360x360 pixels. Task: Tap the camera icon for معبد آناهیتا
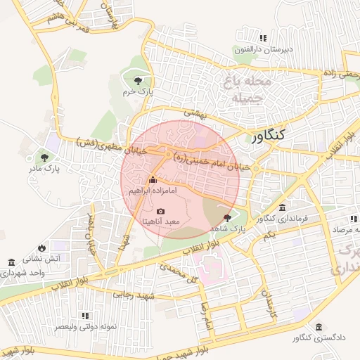[x=160, y=211]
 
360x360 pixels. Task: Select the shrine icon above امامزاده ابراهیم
[x=153, y=180]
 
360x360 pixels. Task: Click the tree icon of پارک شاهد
[x=226, y=218]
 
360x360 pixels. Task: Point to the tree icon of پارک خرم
[x=137, y=82]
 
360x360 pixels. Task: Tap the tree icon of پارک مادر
[x=44, y=158]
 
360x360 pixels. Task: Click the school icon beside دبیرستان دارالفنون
[x=263, y=38]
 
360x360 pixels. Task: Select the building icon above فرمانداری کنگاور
[x=282, y=207]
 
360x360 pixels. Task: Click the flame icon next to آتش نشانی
[x=42, y=247]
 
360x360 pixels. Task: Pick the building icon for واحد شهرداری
[x=11, y=262]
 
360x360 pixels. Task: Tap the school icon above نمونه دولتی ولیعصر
[x=86, y=316]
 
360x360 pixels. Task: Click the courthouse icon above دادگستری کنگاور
[x=319, y=328]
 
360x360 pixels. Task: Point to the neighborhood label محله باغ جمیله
[x=246, y=89]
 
